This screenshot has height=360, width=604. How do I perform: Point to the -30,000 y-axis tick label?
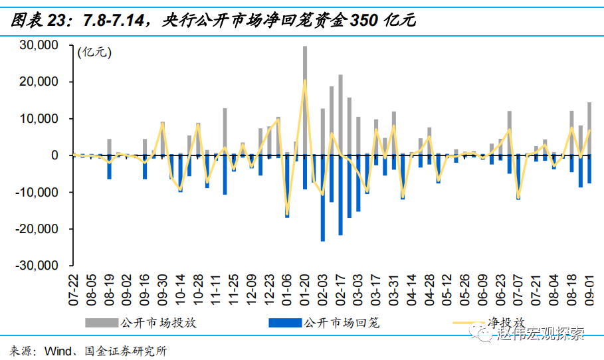point(39,265)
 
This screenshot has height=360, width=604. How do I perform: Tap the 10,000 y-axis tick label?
point(41,118)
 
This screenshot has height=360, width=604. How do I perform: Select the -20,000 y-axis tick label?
point(39,228)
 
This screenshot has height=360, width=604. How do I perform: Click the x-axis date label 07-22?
point(74,286)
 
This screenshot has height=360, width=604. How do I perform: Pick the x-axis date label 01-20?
point(305,286)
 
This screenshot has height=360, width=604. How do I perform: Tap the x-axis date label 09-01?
point(589,286)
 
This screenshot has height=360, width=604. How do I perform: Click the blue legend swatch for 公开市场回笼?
point(284,323)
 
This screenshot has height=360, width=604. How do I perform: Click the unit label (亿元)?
point(95,51)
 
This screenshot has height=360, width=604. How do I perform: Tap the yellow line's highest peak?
point(305,80)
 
